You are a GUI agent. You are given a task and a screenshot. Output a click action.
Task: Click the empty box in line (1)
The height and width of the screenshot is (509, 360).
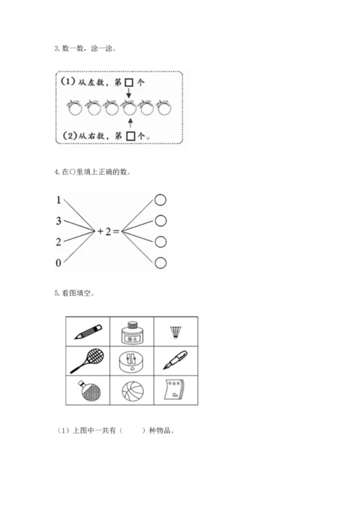[x=127, y=83]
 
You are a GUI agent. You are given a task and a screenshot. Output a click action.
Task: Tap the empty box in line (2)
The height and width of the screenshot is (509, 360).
[x=130, y=134]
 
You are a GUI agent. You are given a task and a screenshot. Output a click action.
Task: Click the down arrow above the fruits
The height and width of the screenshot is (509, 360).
[x=128, y=95]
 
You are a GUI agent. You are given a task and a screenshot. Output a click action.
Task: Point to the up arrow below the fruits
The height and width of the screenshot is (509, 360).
[x=128, y=122]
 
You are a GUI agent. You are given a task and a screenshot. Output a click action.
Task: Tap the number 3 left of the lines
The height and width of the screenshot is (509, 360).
[x=58, y=221]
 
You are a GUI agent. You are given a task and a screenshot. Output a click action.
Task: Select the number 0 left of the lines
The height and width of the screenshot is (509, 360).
[x=58, y=263]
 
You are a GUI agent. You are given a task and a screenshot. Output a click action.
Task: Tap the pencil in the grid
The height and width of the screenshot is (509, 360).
[x=87, y=332]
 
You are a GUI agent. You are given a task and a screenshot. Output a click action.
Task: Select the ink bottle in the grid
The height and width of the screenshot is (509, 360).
[x=132, y=330]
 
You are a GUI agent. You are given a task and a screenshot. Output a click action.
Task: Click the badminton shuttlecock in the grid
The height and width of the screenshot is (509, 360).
[x=176, y=331]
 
